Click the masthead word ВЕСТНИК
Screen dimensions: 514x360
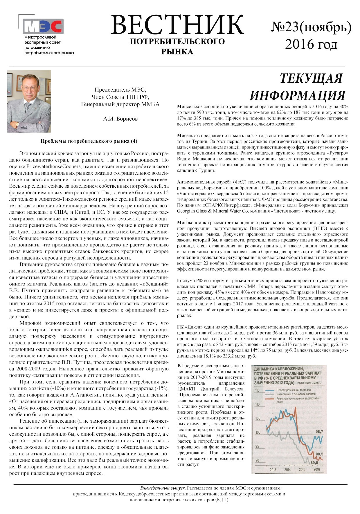[x=177, y=25]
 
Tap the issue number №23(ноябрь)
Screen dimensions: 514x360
[x=311, y=27]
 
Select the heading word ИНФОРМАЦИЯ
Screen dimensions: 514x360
[x=297, y=95]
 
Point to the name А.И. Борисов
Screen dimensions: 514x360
[x=120, y=119]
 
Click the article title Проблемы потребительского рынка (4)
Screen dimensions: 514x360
[x=89, y=141]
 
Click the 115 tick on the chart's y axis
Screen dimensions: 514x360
[x=257, y=390]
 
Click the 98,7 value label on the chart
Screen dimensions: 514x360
[x=319, y=431]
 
